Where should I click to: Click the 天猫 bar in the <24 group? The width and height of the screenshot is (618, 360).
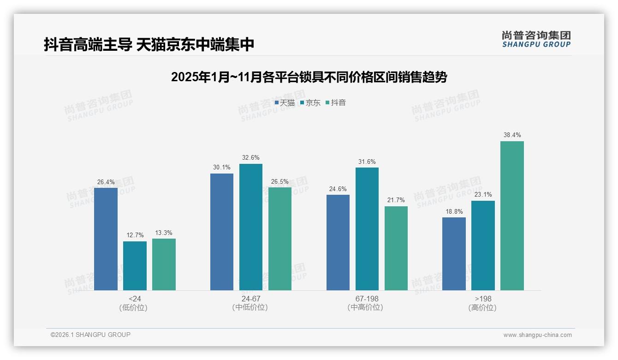(106, 239)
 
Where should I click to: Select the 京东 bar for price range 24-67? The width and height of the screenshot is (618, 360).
(250, 227)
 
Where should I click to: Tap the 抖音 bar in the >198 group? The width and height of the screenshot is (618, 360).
(512, 216)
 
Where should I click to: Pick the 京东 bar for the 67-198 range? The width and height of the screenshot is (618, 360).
(367, 229)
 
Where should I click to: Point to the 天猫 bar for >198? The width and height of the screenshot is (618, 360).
(454, 254)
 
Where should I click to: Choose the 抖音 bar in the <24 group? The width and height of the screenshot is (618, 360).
(164, 264)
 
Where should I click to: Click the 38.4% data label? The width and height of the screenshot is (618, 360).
(512, 135)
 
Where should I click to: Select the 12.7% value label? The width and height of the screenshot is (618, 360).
(135, 235)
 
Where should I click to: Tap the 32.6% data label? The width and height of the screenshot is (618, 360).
(250, 158)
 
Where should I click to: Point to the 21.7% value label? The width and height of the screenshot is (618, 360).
(396, 200)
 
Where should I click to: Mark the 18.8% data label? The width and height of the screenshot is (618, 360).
(454, 211)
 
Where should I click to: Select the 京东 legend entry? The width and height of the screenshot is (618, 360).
(310, 103)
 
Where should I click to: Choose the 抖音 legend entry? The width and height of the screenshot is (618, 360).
(335, 103)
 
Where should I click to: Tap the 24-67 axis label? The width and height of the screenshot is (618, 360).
(250, 299)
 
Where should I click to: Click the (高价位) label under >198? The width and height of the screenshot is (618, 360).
(482, 308)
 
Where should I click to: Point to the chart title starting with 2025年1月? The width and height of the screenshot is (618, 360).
(309, 77)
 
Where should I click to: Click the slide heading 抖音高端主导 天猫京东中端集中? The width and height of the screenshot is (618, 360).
(149, 45)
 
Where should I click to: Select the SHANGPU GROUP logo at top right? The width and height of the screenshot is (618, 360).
(536, 39)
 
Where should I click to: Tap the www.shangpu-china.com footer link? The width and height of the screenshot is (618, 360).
(537, 335)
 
